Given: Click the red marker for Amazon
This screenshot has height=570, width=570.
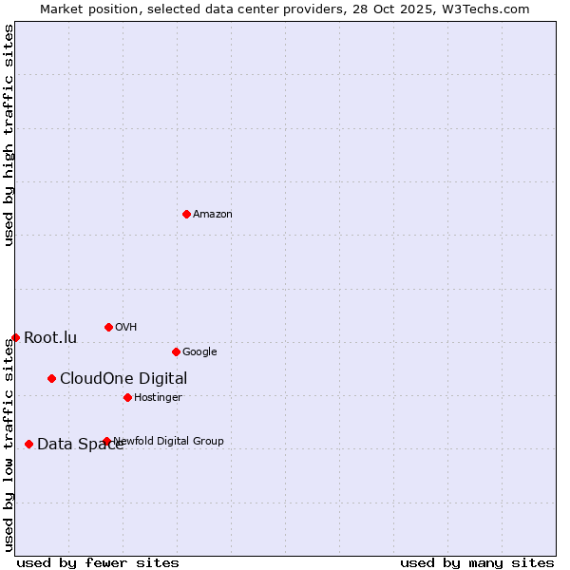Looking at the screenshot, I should coord(186,214).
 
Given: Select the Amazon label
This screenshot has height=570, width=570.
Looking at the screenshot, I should coord(213,215).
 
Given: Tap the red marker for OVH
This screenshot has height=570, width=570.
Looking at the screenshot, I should coord(108,327).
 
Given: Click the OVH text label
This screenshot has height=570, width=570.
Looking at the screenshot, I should coord(126,328).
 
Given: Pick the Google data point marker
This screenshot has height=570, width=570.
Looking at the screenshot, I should coord(176,351).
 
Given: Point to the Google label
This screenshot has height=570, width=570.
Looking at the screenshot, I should coord(199,352).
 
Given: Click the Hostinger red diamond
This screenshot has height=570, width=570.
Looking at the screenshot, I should coord(127,397).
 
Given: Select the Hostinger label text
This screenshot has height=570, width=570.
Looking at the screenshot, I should coord(158,398).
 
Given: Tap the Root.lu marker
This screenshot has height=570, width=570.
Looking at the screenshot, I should coord(15,337).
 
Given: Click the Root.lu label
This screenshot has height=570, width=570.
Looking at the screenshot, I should coord(50,338).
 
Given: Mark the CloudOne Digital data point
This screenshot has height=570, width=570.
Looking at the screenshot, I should coord(51,378).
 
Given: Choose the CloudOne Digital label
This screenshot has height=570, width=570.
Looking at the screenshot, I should coord(123,379).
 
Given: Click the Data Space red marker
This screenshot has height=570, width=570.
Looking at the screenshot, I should coord(28,444).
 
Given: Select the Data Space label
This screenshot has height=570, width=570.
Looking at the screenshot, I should coord(80,445).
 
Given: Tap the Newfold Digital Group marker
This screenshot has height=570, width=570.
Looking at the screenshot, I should coord(106,441).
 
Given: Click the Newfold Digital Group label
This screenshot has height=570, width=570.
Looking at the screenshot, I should coord(169,441).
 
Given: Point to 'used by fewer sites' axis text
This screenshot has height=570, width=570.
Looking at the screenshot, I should coord(98,562).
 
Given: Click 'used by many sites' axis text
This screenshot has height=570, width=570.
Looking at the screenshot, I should coord(477,562).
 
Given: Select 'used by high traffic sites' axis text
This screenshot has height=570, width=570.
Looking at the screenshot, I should coord(9,135).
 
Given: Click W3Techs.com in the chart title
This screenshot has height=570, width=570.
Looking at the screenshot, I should coord(484,9).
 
